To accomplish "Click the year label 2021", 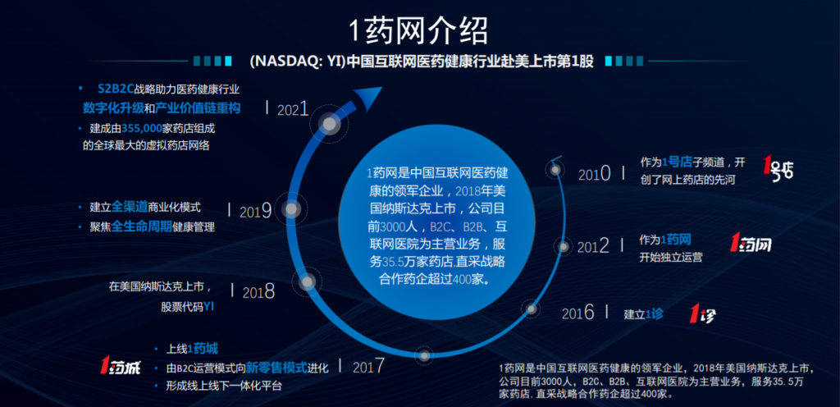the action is coord(293,109).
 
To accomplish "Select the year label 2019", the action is coord(256,211).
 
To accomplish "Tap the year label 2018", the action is coord(258,292).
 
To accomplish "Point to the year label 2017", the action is coord(368,366).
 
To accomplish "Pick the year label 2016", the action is coord(578,313).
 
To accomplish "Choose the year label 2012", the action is coord(593,246).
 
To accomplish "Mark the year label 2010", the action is coord(595,173).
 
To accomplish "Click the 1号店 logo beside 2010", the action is coord(778,167).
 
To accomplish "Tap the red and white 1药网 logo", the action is coord(751,243).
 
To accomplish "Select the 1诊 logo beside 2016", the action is coord(702,313).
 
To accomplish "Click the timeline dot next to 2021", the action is coord(330,124).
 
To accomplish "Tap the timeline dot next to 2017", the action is coord(424,355).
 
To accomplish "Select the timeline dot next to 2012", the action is coord(563,246).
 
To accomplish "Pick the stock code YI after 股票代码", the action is coord(209,308).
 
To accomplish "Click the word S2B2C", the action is coord(116,89).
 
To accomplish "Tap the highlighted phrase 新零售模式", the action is coord(276,368).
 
